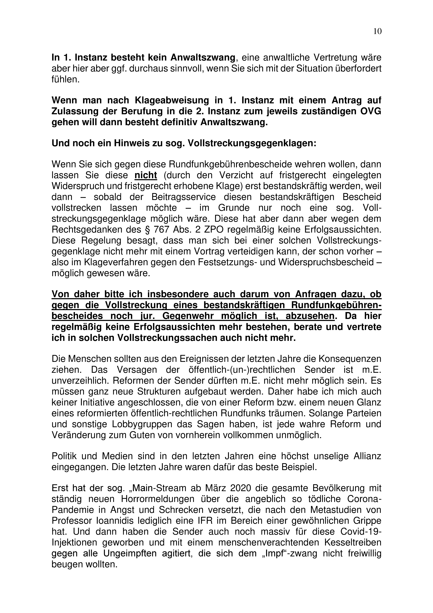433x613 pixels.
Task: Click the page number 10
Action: click(377, 32)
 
